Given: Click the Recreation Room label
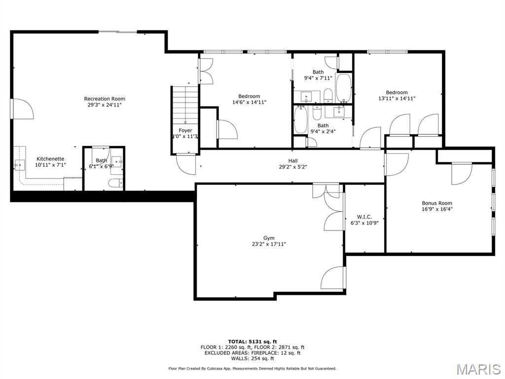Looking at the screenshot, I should pos(105,99).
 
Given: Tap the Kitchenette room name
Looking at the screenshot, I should pos(50,159).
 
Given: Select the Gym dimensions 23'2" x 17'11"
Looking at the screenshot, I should pos(269,244).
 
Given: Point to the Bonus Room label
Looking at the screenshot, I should pos(436,203).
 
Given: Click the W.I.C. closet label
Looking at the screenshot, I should pos(364,217).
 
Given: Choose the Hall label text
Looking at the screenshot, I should pos(293,160).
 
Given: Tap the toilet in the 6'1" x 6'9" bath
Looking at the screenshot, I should pos(114,184).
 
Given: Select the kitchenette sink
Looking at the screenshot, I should pos(19,164).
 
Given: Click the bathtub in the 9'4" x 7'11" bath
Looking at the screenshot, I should pos(343,88).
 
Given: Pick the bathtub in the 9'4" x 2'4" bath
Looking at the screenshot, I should pos(301,120).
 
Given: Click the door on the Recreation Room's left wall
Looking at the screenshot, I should pos(22,109).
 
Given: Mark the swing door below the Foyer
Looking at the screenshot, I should pos(186,163).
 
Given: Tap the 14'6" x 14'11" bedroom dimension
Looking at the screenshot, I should pos(249,103).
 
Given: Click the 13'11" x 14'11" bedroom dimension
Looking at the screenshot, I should pos(397,99).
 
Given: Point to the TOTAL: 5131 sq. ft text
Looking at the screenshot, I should pos(252,341).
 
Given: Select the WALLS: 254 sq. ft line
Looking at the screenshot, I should pos(252,358).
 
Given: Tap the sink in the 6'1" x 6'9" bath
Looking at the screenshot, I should pos(117,161).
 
